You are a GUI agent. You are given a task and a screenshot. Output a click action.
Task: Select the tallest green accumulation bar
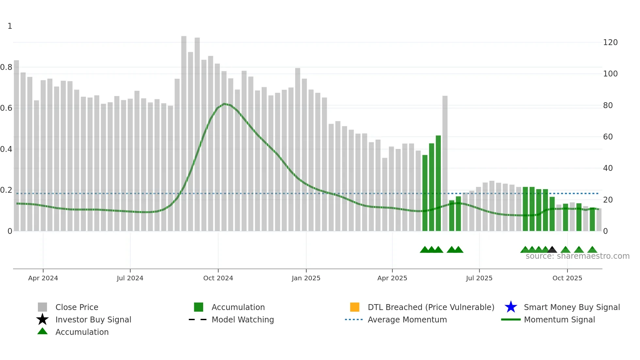[438, 183]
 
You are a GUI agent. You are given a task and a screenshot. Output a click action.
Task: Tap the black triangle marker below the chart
[552, 250]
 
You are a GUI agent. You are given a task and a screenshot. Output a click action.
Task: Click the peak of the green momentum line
[224, 104]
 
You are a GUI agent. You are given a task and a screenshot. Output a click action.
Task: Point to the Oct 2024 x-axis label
[218, 278]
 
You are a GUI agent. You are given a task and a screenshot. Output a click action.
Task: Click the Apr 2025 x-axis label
[392, 278]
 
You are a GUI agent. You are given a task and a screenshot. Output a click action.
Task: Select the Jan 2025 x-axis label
[306, 278]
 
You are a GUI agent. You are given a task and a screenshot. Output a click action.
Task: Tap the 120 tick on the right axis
[610, 42]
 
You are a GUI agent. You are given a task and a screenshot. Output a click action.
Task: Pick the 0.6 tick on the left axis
[6, 108]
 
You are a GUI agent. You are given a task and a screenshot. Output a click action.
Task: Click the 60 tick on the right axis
[608, 137]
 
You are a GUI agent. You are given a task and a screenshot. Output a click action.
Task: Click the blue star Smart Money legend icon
[511, 307]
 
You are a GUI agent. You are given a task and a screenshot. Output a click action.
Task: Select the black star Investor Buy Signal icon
[42, 319]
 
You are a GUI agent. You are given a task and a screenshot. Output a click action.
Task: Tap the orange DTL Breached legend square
[355, 307]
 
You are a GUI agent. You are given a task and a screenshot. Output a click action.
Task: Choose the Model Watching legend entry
[242, 319]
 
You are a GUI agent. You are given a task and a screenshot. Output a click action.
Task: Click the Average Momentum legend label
[407, 319]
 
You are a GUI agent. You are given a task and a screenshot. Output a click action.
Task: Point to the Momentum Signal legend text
[559, 319]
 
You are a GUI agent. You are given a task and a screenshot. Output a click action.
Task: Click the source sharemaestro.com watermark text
[577, 256]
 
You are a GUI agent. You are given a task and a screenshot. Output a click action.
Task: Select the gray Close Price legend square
[42, 307]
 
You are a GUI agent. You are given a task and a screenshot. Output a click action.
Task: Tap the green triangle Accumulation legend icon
[42, 331]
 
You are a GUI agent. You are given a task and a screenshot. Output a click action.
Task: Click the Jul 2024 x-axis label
[130, 278]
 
